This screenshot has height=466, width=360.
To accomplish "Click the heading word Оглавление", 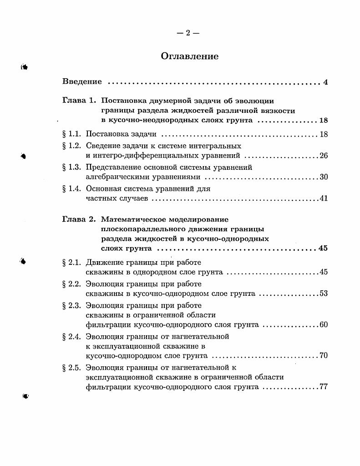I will tap(189, 56).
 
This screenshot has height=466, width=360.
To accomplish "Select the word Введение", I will tap(82, 82).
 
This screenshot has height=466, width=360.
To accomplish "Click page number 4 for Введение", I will tap(325, 82).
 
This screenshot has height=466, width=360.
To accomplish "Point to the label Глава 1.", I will tap(79, 101).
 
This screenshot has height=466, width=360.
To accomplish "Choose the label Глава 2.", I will tap(79, 219).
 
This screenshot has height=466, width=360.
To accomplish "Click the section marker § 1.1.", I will tap(71, 134).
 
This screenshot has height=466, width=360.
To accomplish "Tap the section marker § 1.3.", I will tap(71, 167).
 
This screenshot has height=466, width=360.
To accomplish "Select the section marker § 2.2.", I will tap(71, 284).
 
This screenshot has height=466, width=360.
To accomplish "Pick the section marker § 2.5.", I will tap(71, 367).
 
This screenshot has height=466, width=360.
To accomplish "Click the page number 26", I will tap(324, 156).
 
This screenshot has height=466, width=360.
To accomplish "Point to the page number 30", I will tap(324, 177).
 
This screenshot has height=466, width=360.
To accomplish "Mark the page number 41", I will tap(324, 199).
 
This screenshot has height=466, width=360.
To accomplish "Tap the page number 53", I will tap(324, 294).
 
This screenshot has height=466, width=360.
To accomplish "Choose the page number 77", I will tap(324, 387).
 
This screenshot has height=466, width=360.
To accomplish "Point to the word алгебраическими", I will tap(115, 177).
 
